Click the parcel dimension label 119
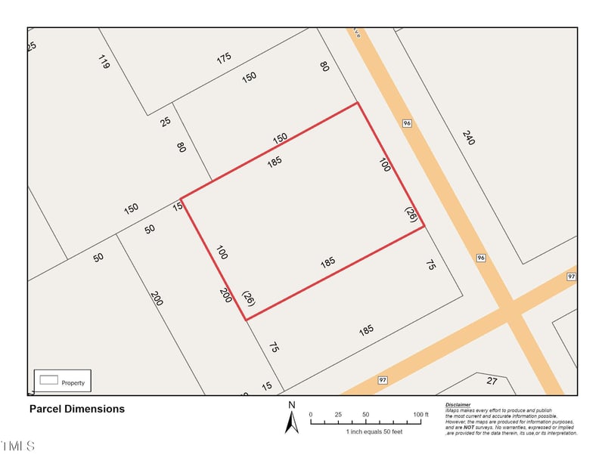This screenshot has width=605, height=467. click(104, 62)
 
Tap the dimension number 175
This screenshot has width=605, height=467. click(224, 58)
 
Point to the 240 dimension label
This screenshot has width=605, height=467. click(468, 138)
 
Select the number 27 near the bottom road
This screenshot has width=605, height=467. click(492, 381)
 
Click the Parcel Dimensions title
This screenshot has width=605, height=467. click(76, 409)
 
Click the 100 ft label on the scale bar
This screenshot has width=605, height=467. click(421, 415)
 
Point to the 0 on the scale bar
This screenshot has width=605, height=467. click(311, 415)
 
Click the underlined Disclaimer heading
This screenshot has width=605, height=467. click(458, 405)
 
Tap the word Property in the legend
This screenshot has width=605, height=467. click(73, 383)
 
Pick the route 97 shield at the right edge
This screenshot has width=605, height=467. click(571, 278)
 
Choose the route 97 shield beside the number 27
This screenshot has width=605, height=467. click(383, 379)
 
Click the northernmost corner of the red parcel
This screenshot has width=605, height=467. click(357, 103)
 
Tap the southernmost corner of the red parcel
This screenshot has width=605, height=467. click(246, 320)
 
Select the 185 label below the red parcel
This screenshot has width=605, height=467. click(366, 330)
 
